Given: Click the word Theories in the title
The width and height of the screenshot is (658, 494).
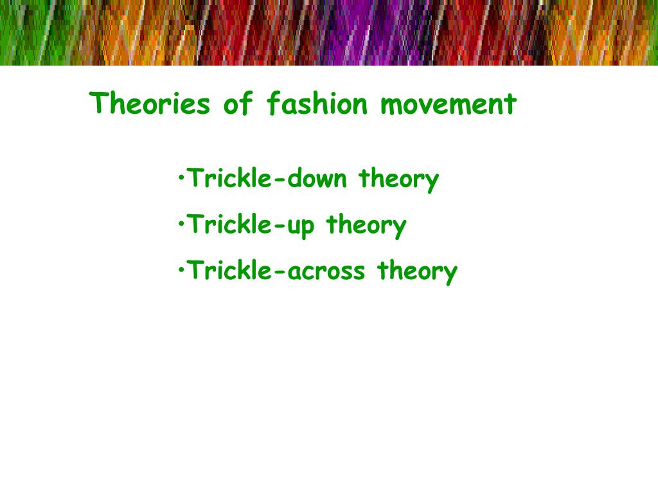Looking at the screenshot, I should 150,104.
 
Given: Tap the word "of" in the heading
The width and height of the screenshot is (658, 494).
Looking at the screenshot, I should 237,104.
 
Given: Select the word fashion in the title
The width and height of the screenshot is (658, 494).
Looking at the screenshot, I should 316,104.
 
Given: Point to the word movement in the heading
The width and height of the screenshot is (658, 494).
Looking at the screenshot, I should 448,104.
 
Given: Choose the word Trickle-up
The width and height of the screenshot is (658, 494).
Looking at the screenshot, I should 251,225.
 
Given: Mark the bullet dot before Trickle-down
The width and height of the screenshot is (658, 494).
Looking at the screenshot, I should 182,176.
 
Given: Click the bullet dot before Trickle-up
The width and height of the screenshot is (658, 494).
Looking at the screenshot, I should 182,222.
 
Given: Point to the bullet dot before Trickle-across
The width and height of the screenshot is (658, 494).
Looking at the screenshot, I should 182,268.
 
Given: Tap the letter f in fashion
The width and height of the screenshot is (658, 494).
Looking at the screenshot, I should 272,104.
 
